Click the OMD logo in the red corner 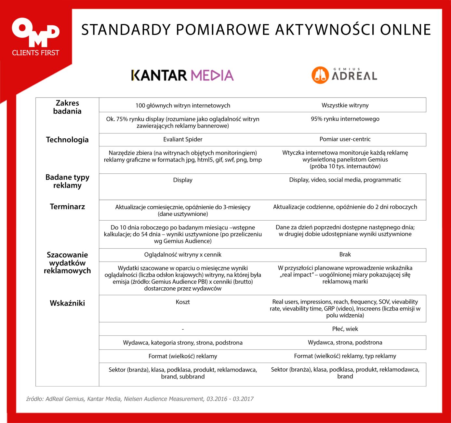click(35, 32)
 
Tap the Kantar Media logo click(182, 75)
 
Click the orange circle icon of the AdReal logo click(320, 75)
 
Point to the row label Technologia click(67, 140)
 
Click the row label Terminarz click(67, 207)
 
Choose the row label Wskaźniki click(67, 303)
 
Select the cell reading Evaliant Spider click(183, 139)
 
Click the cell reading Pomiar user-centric click(345, 139)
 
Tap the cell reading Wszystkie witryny click(345, 105)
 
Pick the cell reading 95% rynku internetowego click(345, 119)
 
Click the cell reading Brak click(345, 254)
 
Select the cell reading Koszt click(183, 302)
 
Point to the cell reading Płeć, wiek click(345, 329)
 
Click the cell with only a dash click(183, 329)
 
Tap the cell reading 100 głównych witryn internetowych click(183, 105)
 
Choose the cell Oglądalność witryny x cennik click(183, 254)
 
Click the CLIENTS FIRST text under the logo click(35, 53)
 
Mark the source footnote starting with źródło click(140, 399)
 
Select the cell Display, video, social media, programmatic click(345, 180)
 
